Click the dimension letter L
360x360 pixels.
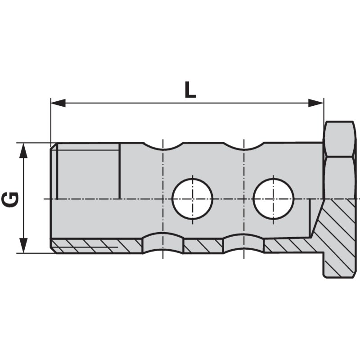(x=190, y=90)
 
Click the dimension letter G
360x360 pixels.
(x=10, y=199)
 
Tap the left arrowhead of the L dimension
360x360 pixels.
(x=58, y=103)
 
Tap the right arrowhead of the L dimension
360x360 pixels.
(x=316, y=103)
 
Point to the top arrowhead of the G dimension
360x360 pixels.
(x=23, y=151)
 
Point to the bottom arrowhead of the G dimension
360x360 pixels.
(x=23, y=245)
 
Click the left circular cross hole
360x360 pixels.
(x=193, y=199)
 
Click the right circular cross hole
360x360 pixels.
(x=274, y=199)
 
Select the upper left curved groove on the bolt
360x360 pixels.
(x=163, y=146)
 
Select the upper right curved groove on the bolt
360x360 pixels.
(x=243, y=146)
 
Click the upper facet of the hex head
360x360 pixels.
(x=340, y=139)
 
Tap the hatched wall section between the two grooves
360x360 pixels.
(x=203, y=246)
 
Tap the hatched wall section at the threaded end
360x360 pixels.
(x=96, y=246)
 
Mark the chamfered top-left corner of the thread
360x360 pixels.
(x=54, y=146)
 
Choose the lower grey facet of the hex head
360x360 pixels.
(x=340, y=178)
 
